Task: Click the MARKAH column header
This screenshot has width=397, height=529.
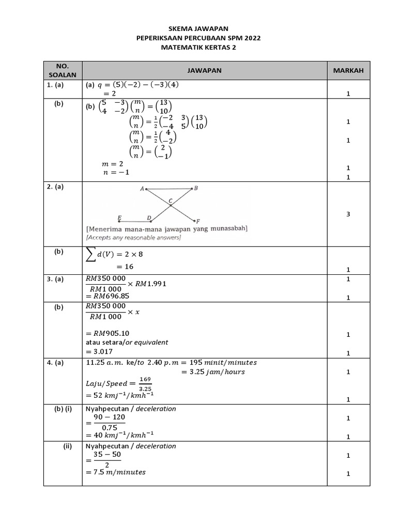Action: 348,70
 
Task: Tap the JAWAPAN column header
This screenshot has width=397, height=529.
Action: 204,70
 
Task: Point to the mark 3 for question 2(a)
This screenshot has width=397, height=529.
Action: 348,214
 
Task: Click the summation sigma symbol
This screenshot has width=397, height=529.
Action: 91,254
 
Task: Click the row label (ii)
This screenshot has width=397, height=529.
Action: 68,446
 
